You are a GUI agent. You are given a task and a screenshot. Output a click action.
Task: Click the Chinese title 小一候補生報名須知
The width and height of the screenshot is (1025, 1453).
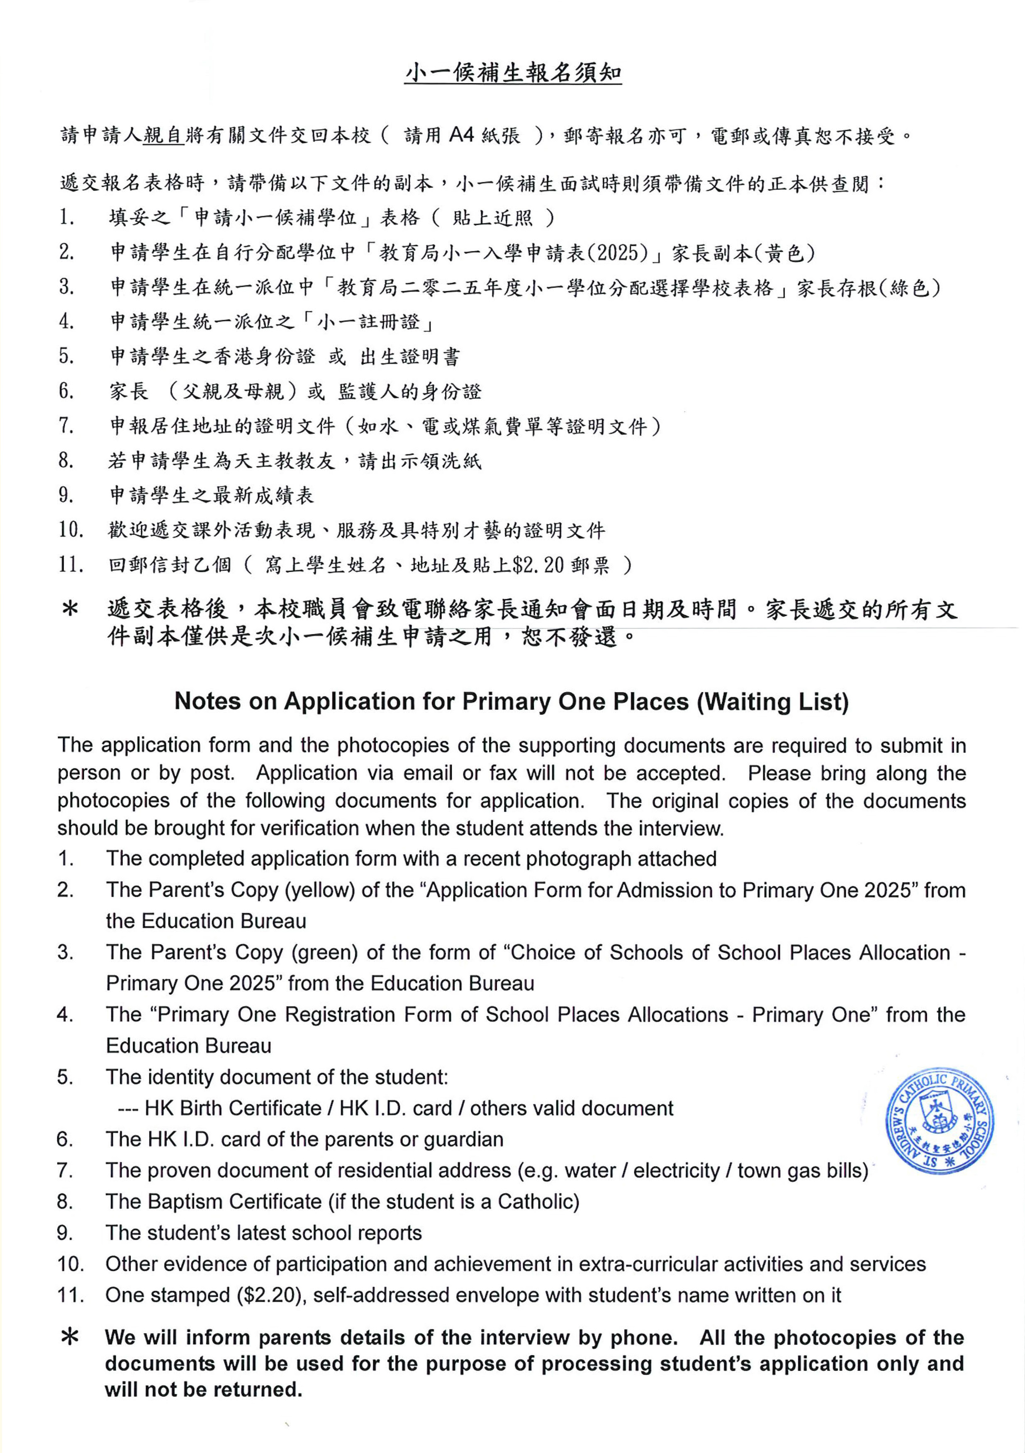point(513,74)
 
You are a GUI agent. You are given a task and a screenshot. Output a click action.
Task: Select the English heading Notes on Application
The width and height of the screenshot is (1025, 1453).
point(511,701)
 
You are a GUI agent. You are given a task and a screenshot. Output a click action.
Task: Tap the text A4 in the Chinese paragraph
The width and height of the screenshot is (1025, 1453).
point(461,135)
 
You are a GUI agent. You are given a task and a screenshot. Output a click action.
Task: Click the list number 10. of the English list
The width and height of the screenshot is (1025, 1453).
point(70,1264)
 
